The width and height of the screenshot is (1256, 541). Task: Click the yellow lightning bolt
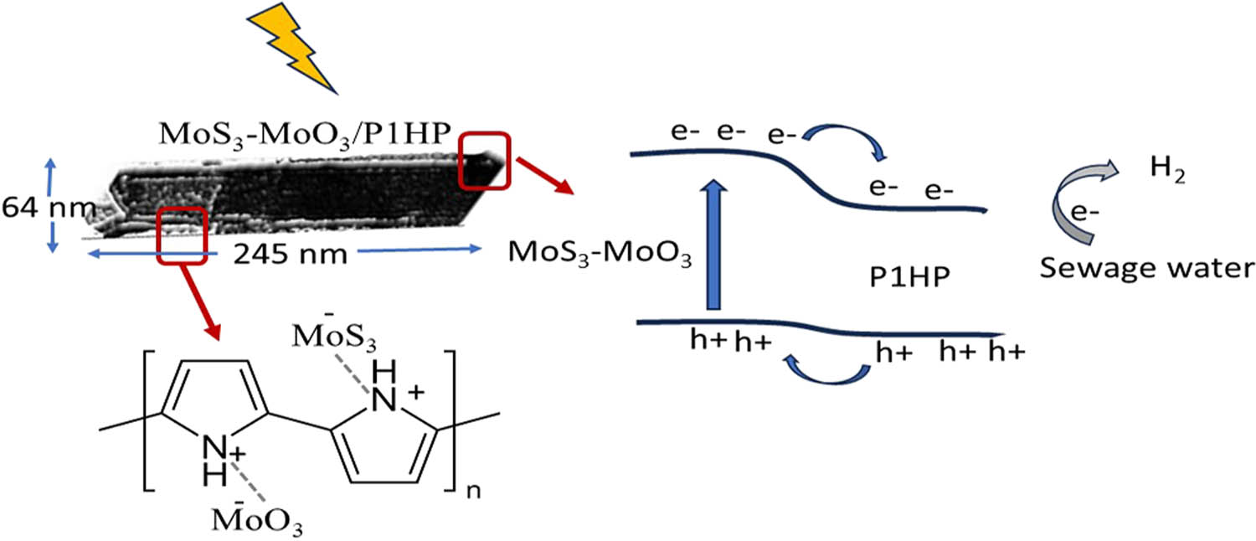click(291, 48)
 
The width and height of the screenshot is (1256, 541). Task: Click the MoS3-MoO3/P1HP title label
click(305, 136)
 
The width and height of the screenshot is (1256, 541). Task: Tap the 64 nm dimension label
click(49, 208)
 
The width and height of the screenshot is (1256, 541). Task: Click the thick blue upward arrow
click(713, 245)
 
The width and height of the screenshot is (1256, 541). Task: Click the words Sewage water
click(1146, 269)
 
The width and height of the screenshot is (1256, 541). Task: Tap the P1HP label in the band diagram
click(909, 277)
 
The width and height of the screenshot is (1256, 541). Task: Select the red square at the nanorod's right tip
click(485, 161)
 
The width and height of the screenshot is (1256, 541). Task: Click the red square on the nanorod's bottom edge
click(182, 235)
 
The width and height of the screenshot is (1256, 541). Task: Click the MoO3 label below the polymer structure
click(257, 518)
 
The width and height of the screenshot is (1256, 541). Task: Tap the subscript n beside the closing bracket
click(473, 491)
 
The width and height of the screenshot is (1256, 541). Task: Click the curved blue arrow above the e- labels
click(844, 140)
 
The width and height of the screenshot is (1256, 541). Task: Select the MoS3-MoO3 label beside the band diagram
click(600, 254)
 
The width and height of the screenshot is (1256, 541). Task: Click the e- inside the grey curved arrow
click(1084, 213)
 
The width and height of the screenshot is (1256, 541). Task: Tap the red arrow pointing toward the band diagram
click(545, 176)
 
